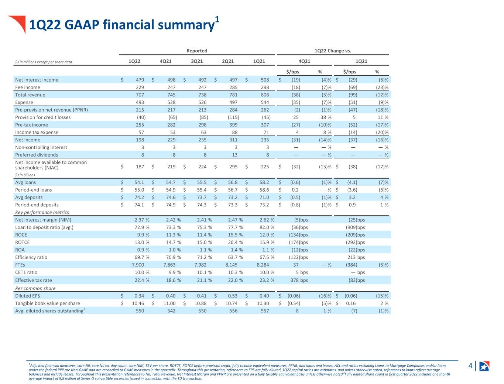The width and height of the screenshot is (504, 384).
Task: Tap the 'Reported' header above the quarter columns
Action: (197, 51)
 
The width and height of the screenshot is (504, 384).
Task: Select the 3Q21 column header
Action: (197, 61)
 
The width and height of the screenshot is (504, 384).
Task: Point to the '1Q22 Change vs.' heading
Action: (333, 51)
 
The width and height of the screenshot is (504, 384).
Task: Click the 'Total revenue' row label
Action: (30, 95)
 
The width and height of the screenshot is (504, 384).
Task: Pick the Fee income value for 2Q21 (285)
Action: (233, 87)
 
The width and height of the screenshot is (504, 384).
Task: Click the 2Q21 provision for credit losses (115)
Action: (233, 117)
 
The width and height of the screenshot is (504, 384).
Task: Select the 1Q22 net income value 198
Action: (140, 140)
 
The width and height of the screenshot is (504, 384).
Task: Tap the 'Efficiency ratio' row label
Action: (31, 257)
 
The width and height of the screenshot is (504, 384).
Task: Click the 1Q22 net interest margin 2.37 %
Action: (142, 220)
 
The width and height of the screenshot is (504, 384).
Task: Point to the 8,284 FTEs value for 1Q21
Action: (263, 265)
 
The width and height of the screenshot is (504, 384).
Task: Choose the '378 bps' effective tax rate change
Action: (299, 280)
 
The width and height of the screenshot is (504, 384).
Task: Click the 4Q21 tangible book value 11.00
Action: (169, 303)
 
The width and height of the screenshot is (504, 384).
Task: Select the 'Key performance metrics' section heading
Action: (42, 212)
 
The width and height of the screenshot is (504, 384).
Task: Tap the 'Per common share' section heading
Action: (35, 288)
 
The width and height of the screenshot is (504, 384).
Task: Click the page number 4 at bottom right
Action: (470, 366)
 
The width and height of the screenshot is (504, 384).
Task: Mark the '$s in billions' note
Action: (25, 175)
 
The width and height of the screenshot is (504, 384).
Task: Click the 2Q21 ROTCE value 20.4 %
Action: (235, 242)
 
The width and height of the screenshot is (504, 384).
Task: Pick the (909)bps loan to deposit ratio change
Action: (355, 227)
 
